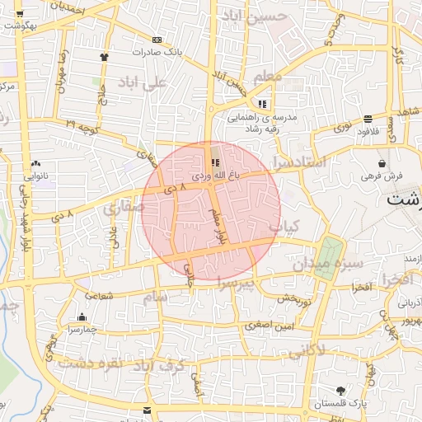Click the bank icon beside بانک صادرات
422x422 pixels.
coord(157,40)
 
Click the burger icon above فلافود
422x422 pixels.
coord(367,117)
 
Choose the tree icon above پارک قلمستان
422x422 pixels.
coord(340,390)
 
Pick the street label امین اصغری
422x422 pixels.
coord(265,327)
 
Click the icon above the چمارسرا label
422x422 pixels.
coord(82,317)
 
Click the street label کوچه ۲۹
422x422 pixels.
coord(82,124)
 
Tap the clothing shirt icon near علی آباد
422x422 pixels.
coord(104,57)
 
